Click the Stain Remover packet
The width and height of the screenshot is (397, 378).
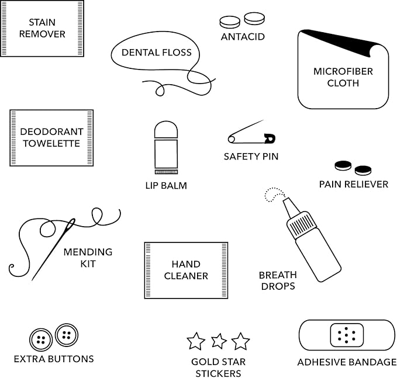click(x=42, y=28)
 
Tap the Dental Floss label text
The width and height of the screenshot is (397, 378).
click(x=156, y=53)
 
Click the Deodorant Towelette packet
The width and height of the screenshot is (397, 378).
click(x=51, y=137)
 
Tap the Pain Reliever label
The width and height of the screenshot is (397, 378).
click(x=353, y=184)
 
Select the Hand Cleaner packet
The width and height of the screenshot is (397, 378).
click(x=186, y=270)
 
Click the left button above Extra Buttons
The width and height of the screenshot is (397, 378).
click(x=41, y=339)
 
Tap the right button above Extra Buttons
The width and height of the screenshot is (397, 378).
click(x=66, y=335)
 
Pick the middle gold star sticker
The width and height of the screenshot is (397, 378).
click(x=219, y=340)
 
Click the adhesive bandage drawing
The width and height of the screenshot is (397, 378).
click(x=346, y=335)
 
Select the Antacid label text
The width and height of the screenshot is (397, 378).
click(x=243, y=37)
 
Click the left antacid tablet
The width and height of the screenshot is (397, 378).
click(x=229, y=22)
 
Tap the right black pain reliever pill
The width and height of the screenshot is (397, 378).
click(x=363, y=170)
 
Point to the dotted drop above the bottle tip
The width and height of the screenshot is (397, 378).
click(x=272, y=195)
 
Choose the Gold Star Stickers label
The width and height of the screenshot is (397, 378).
click(x=219, y=367)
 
